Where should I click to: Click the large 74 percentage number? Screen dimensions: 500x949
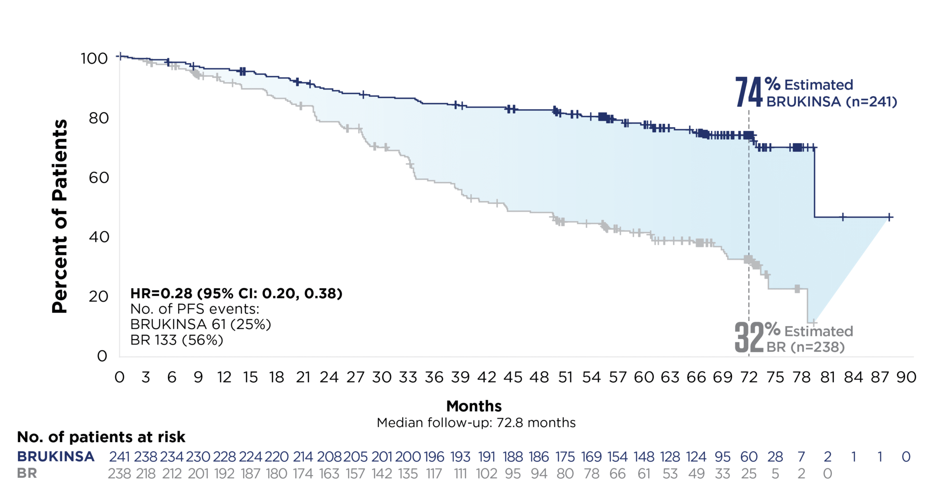[x=748, y=92]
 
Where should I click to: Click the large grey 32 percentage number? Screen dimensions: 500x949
[x=748, y=337]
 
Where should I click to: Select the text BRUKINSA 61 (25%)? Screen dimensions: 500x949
[x=201, y=324]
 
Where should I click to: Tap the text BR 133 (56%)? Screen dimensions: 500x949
[x=176, y=340]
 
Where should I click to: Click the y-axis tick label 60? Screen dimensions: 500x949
[x=99, y=178]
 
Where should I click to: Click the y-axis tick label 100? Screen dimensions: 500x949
[x=94, y=59]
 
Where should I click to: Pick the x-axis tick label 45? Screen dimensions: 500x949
[x=513, y=377]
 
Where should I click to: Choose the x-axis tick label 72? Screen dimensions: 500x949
[x=749, y=377]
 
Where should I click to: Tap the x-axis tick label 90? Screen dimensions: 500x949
[x=906, y=377]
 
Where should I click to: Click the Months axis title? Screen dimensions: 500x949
[x=474, y=406]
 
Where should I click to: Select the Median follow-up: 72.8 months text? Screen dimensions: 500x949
[x=476, y=423]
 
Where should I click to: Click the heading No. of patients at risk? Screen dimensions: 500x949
[x=101, y=437]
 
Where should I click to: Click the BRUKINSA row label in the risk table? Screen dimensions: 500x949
[x=56, y=457]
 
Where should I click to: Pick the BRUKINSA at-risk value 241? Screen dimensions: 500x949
[x=119, y=457]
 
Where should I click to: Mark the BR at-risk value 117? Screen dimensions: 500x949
[x=434, y=474]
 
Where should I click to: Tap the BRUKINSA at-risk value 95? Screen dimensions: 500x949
[x=723, y=457]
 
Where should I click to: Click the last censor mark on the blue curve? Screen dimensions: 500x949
[x=889, y=217]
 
